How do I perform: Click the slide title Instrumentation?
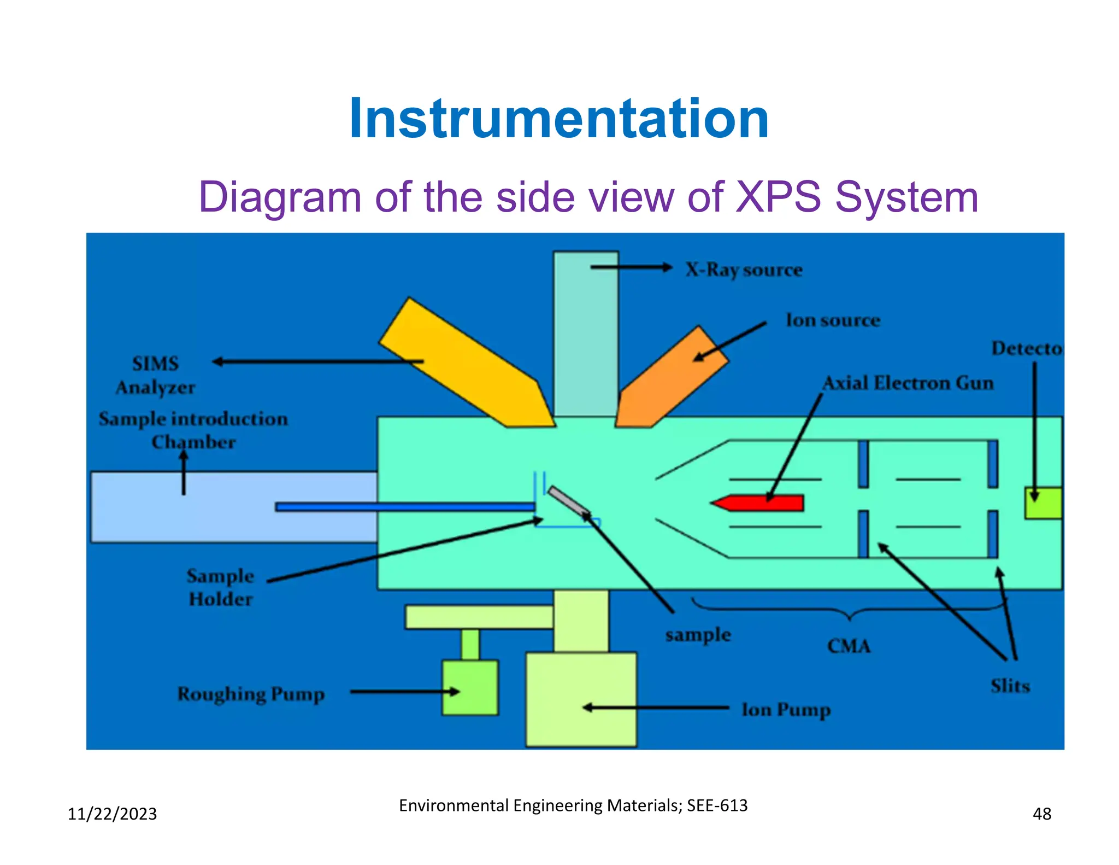point(559,119)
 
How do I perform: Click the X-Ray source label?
point(744,270)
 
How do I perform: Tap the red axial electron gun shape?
point(759,502)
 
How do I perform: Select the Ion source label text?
point(833,320)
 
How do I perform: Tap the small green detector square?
point(1043,503)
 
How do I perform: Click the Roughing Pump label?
point(251,694)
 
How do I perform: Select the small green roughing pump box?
point(470,687)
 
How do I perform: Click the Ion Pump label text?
point(786,710)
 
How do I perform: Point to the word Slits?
point(1010,686)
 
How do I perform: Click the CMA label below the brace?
point(849,646)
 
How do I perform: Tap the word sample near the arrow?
point(698,635)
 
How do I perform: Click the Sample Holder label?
point(221,587)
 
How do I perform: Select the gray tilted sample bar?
point(568,500)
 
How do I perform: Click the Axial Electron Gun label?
point(908,383)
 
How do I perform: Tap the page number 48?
point(1041,814)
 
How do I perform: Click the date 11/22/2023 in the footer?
point(112,814)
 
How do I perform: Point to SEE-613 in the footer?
point(717,805)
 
